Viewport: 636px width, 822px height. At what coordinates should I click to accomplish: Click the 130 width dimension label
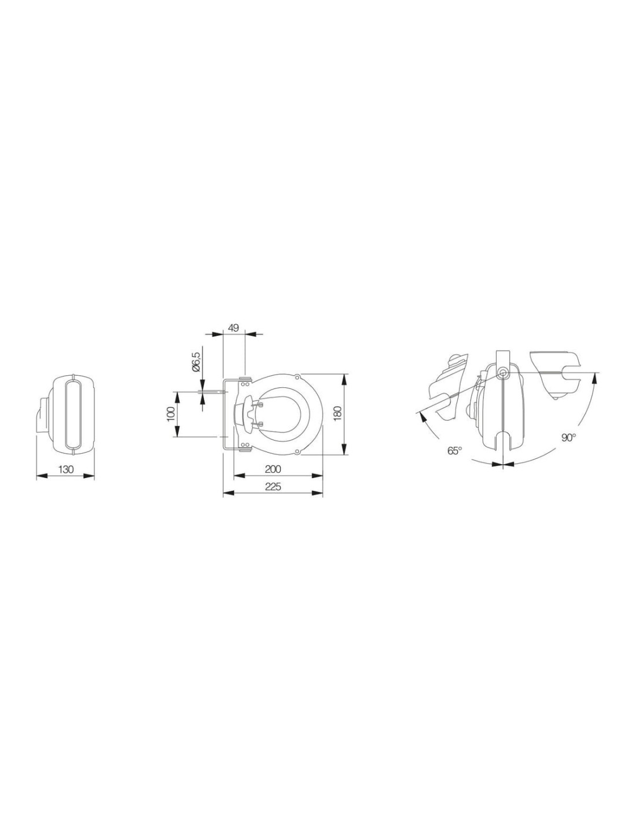pos(65,469)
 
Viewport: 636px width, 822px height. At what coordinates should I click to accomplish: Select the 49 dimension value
pos(234,328)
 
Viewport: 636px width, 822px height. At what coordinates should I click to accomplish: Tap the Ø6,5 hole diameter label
pos(195,362)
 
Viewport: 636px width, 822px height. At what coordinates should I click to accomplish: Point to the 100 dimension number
pos(171,414)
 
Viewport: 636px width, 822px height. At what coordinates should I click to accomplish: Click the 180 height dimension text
pos(338,414)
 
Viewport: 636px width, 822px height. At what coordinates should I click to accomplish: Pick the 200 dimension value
pos(273,469)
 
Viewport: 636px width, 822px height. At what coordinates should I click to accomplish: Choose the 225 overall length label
pos(273,487)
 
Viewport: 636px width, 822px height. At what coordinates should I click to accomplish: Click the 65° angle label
pos(455,450)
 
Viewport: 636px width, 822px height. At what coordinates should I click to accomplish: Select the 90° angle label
pos(568,438)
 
